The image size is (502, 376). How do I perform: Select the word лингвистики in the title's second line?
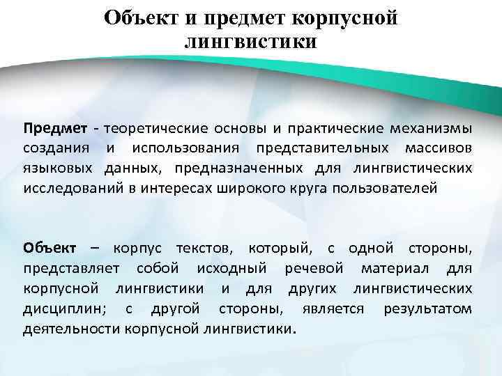251,42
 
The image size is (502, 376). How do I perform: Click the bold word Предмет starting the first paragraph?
55,129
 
